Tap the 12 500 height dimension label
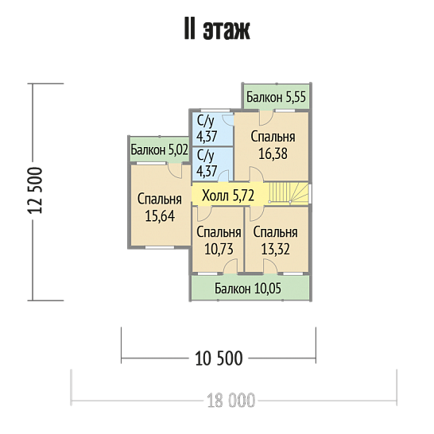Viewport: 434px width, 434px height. point(36,191)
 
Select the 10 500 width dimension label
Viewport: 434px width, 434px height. point(219,358)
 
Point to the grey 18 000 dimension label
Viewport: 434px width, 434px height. point(231,401)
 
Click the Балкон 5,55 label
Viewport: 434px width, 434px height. point(276,97)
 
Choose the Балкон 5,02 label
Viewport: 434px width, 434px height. point(159,150)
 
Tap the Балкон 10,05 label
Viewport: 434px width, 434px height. point(248,289)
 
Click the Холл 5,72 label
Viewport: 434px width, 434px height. point(228,196)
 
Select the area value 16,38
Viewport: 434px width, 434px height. point(273,154)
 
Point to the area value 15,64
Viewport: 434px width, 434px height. point(160,216)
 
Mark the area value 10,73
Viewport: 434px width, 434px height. point(219,249)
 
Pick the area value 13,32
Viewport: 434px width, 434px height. point(275,249)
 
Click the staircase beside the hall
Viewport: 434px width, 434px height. point(289,193)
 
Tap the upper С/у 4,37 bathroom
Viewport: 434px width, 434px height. point(212,129)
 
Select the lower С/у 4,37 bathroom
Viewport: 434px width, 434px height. point(212,165)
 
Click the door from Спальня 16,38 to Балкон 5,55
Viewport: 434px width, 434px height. point(266,118)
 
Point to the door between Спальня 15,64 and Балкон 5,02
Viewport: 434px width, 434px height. point(175,171)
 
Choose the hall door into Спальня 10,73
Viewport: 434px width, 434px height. point(203,213)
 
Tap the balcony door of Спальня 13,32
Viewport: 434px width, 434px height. point(270,266)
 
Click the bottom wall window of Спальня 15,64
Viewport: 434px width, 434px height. point(160,247)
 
